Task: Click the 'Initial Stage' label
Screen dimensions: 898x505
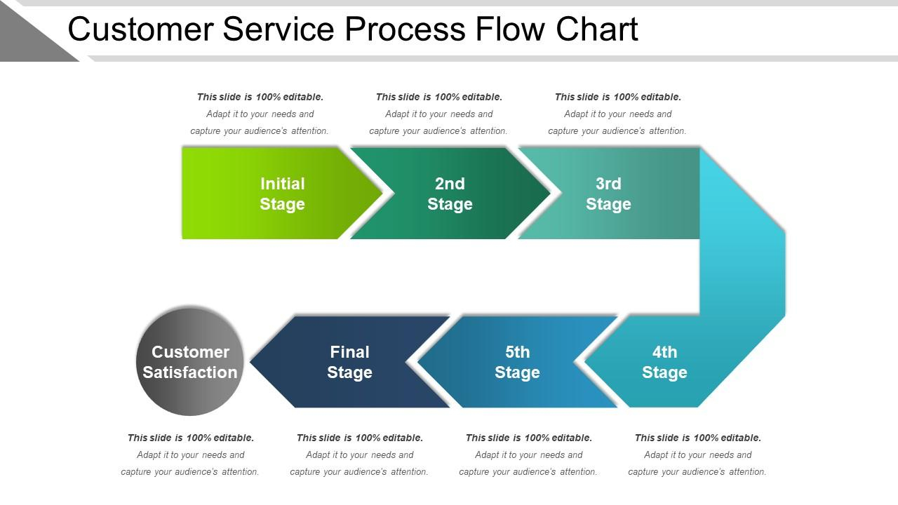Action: [x=282, y=194]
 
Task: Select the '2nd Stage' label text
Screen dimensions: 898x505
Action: [x=450, y=194]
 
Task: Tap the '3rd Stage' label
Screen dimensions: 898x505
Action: [x=608, y=194]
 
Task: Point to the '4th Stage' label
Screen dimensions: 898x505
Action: [x=664, y=363]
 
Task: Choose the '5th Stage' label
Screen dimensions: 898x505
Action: [x=517, y=363]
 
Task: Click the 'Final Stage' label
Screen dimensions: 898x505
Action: [x=349, y=363]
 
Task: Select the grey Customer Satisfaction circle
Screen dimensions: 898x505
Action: [x=190, y=361]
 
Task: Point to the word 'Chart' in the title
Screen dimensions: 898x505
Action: [x=596, y=29]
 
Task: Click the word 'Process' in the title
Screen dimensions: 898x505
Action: [x=405, y=29]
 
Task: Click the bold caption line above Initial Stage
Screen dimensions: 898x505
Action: [x=260, y=97]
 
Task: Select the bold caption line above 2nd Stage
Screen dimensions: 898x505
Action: [x=439, y=97]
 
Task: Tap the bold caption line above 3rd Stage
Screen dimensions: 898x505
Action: [x=618, y=97]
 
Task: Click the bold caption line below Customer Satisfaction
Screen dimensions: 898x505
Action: [x=191, y=438]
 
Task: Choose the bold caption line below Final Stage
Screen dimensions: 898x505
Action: [x=360, y=438]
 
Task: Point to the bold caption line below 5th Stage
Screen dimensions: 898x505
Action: [x=529, y=438]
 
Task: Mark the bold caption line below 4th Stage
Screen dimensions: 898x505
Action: [x=698, y=438]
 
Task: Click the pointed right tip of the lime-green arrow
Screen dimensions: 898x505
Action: [x=382, y=193]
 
